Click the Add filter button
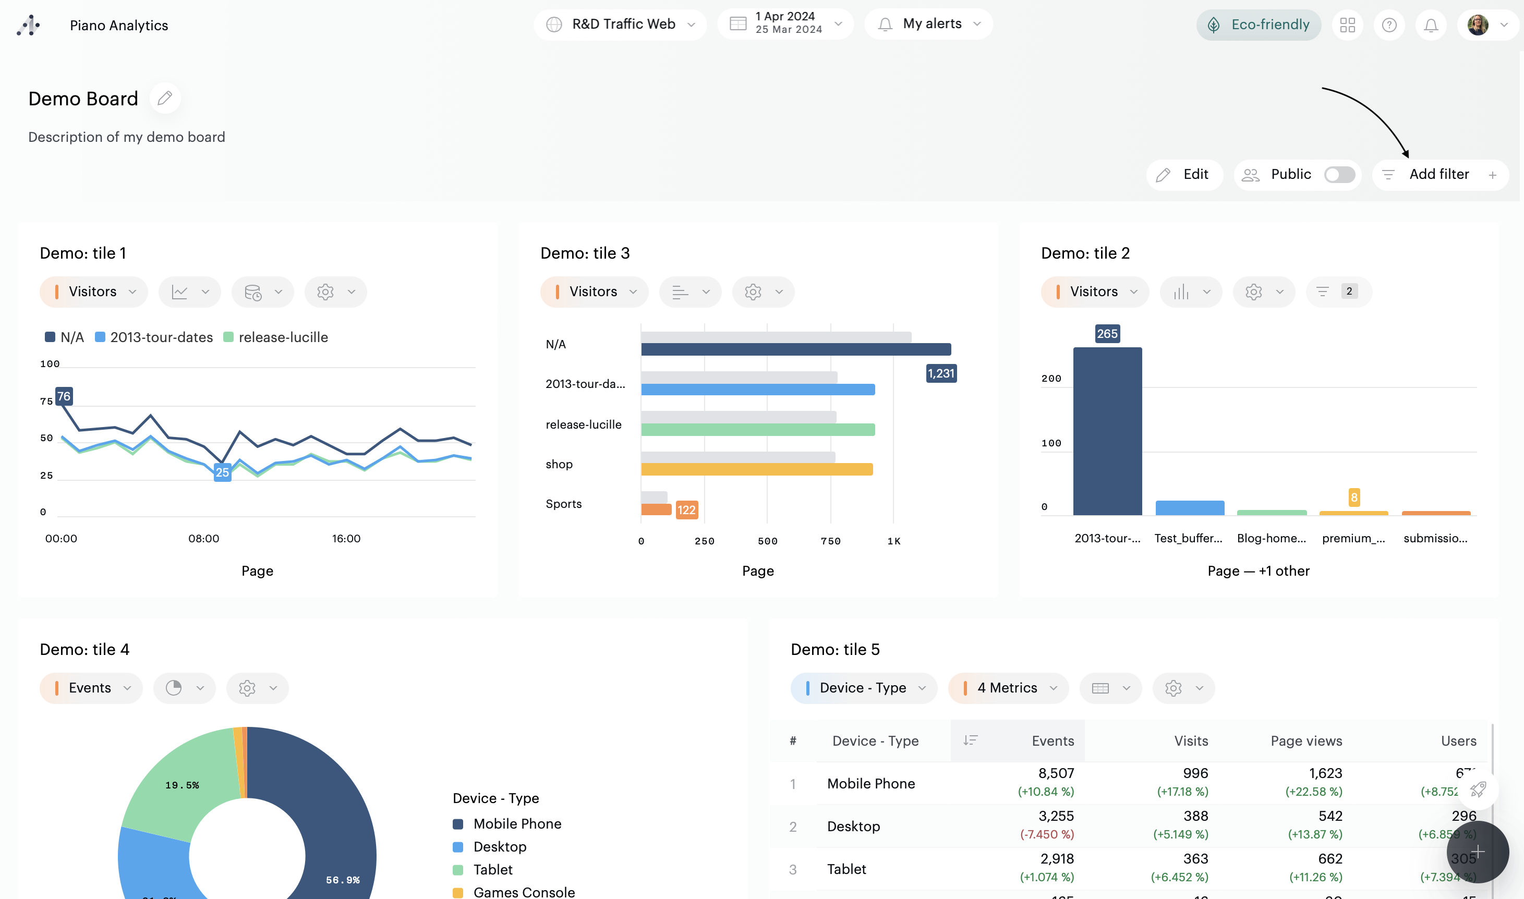tap(1439, 175)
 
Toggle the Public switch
tap(1339, 175)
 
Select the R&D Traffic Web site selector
tap(620, 24)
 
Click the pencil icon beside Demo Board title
tap(165, 98)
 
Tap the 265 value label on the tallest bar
tap(1107, 334)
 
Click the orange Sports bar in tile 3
tap(656, 509)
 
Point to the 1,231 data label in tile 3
tap(941, 373)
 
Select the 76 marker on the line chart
tap(64, 396)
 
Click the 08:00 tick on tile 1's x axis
tap(203, 539)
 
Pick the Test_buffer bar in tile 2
tap(1190, 508)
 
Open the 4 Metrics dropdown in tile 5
tap(1008, 688)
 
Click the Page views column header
tap(1306, 741)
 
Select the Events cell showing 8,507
tap(1056, 774)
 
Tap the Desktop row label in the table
tap(853, 827)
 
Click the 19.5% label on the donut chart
tap(182, 785)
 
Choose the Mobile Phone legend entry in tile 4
tap(517, 824)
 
